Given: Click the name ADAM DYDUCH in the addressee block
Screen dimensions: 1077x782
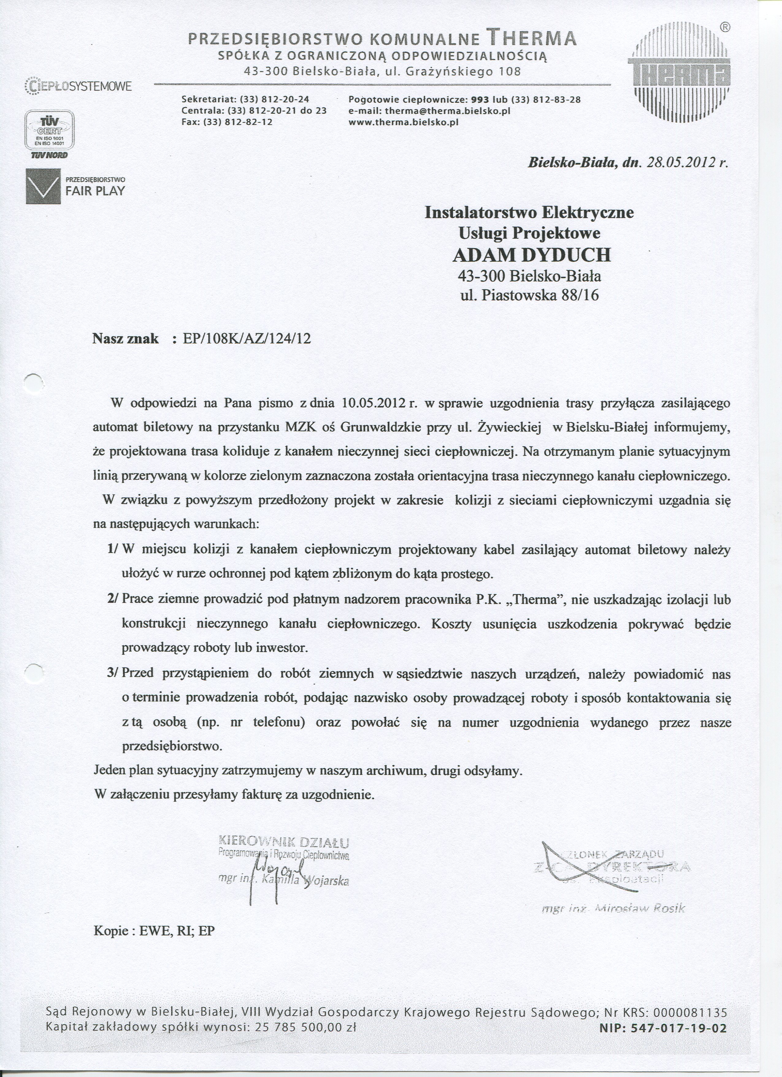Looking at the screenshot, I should point(531,255).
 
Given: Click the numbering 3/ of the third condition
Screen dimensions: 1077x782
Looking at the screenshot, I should point(114,673).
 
